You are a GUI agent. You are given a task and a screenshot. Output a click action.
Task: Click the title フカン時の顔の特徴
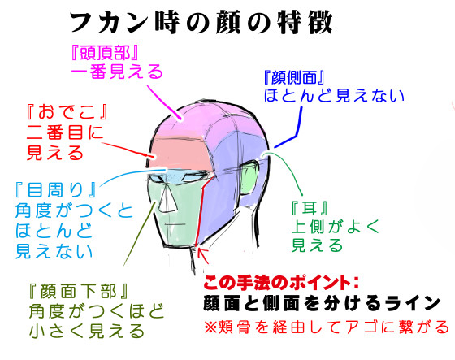pyautogui.click(x=201, y=24)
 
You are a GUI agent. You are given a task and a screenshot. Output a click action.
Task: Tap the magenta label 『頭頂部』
pyautogui.click(x=105, y=53)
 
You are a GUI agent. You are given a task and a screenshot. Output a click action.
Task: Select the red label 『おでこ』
pyautogui.click(x=67, y=112)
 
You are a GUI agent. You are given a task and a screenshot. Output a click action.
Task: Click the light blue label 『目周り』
pyautogui.click(x=56, y=190)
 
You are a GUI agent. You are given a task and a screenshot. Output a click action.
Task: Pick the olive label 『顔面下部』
pyautogui.click(x=78, y=291)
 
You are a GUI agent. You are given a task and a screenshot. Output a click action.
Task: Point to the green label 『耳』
pyautogui.click(x=310, y=208)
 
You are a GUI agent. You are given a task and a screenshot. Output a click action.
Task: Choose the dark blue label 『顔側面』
pyautogui.click(x=293, y=77)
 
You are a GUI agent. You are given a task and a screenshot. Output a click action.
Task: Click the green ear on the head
pyautogui.click(x=249, y=178)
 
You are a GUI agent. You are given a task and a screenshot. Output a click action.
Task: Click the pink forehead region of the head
pyautogui.click(x=181, y=154)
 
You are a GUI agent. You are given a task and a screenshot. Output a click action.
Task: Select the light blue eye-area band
pyautogui.click(x=180, y=176)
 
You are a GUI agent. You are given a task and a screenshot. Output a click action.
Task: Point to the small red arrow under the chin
pyautogui.click(x=202, y=255)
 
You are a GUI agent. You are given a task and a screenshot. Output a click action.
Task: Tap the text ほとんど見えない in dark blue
pyautogui.click(x=334, y=95)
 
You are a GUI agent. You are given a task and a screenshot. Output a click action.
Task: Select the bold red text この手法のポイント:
pyautogui.click(x=281, y=282)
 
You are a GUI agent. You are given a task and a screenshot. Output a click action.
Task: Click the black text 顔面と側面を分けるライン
pyautogui.click(x=322, y=304)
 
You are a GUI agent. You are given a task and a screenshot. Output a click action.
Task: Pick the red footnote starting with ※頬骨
pyautogui.click(x=326, y=327)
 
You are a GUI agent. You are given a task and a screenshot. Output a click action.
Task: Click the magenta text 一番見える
pyautogui.click(x=117, y=72)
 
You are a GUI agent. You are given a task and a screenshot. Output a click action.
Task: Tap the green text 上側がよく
pyautogui.click(x=336, y=227)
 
